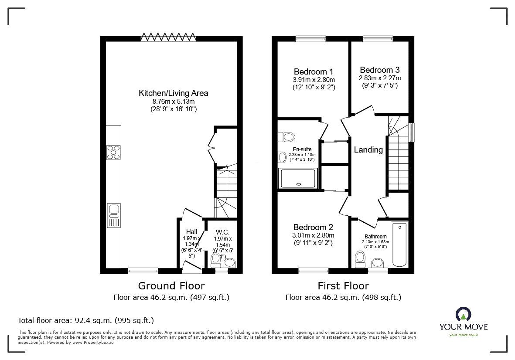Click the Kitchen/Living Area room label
pos(174,93)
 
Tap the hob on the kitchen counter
pos(114,152)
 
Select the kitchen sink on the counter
pos(114,215)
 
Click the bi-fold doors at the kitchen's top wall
pos(168,37)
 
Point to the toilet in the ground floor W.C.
pos(216,261)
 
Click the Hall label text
pos(191,232)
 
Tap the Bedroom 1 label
pos(314,71)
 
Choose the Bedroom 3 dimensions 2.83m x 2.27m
pos(380,78)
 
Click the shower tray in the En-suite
pos(298,179)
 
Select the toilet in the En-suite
pos(286,136)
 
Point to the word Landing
pos(368,149)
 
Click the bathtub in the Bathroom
pos(400,244)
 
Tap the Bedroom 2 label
pos(313,227)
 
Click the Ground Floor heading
pos(171,286)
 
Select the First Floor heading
pos(343,286)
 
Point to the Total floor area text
pos(86,320)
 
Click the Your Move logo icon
pos(464,314)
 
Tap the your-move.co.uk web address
pos(464,335)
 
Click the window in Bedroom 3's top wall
pos(378,39)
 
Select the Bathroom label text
pos(375,236)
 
